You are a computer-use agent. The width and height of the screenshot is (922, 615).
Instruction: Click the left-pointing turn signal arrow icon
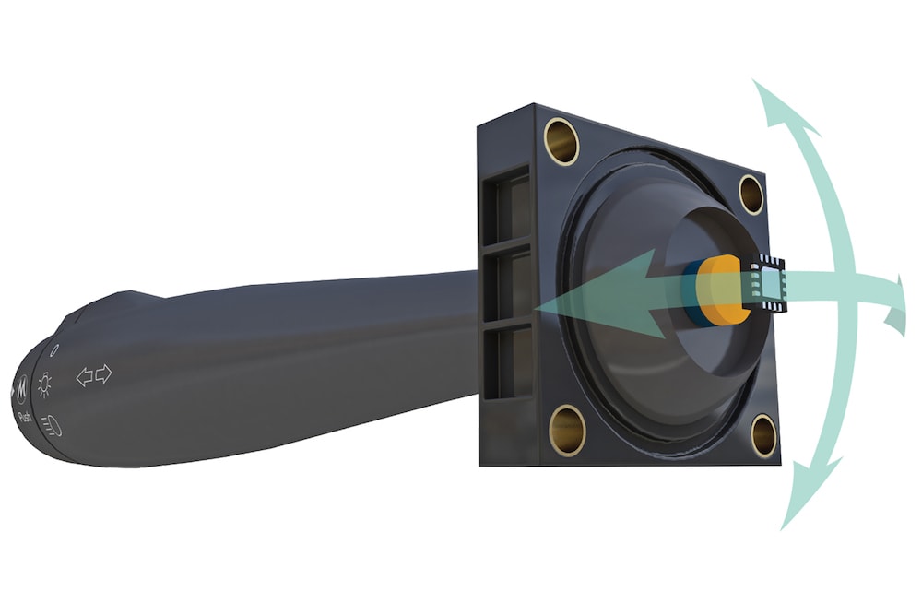[84, 376]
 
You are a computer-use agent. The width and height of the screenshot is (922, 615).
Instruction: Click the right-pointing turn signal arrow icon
[103, 373]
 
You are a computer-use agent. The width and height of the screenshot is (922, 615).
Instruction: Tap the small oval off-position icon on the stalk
[53, 351]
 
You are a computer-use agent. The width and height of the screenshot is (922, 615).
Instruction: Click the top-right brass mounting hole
[751, 194]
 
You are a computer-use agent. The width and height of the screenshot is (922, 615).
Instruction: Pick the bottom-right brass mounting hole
[763, 435]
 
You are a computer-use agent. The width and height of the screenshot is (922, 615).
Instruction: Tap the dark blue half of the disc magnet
[691, 293]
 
